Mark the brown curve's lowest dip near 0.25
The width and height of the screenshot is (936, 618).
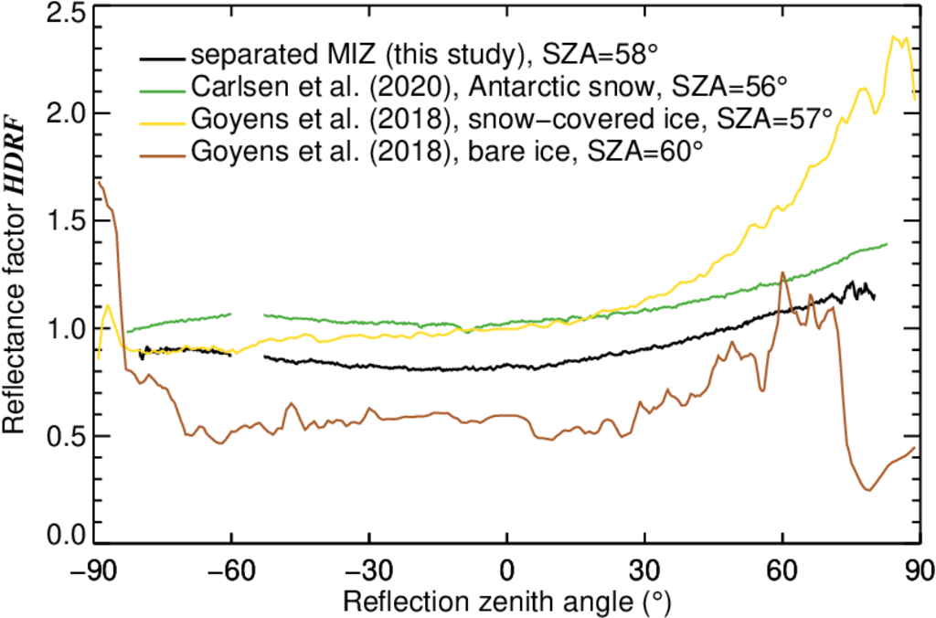pos(867,490)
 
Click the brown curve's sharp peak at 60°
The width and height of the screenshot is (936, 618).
pos(782,272)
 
